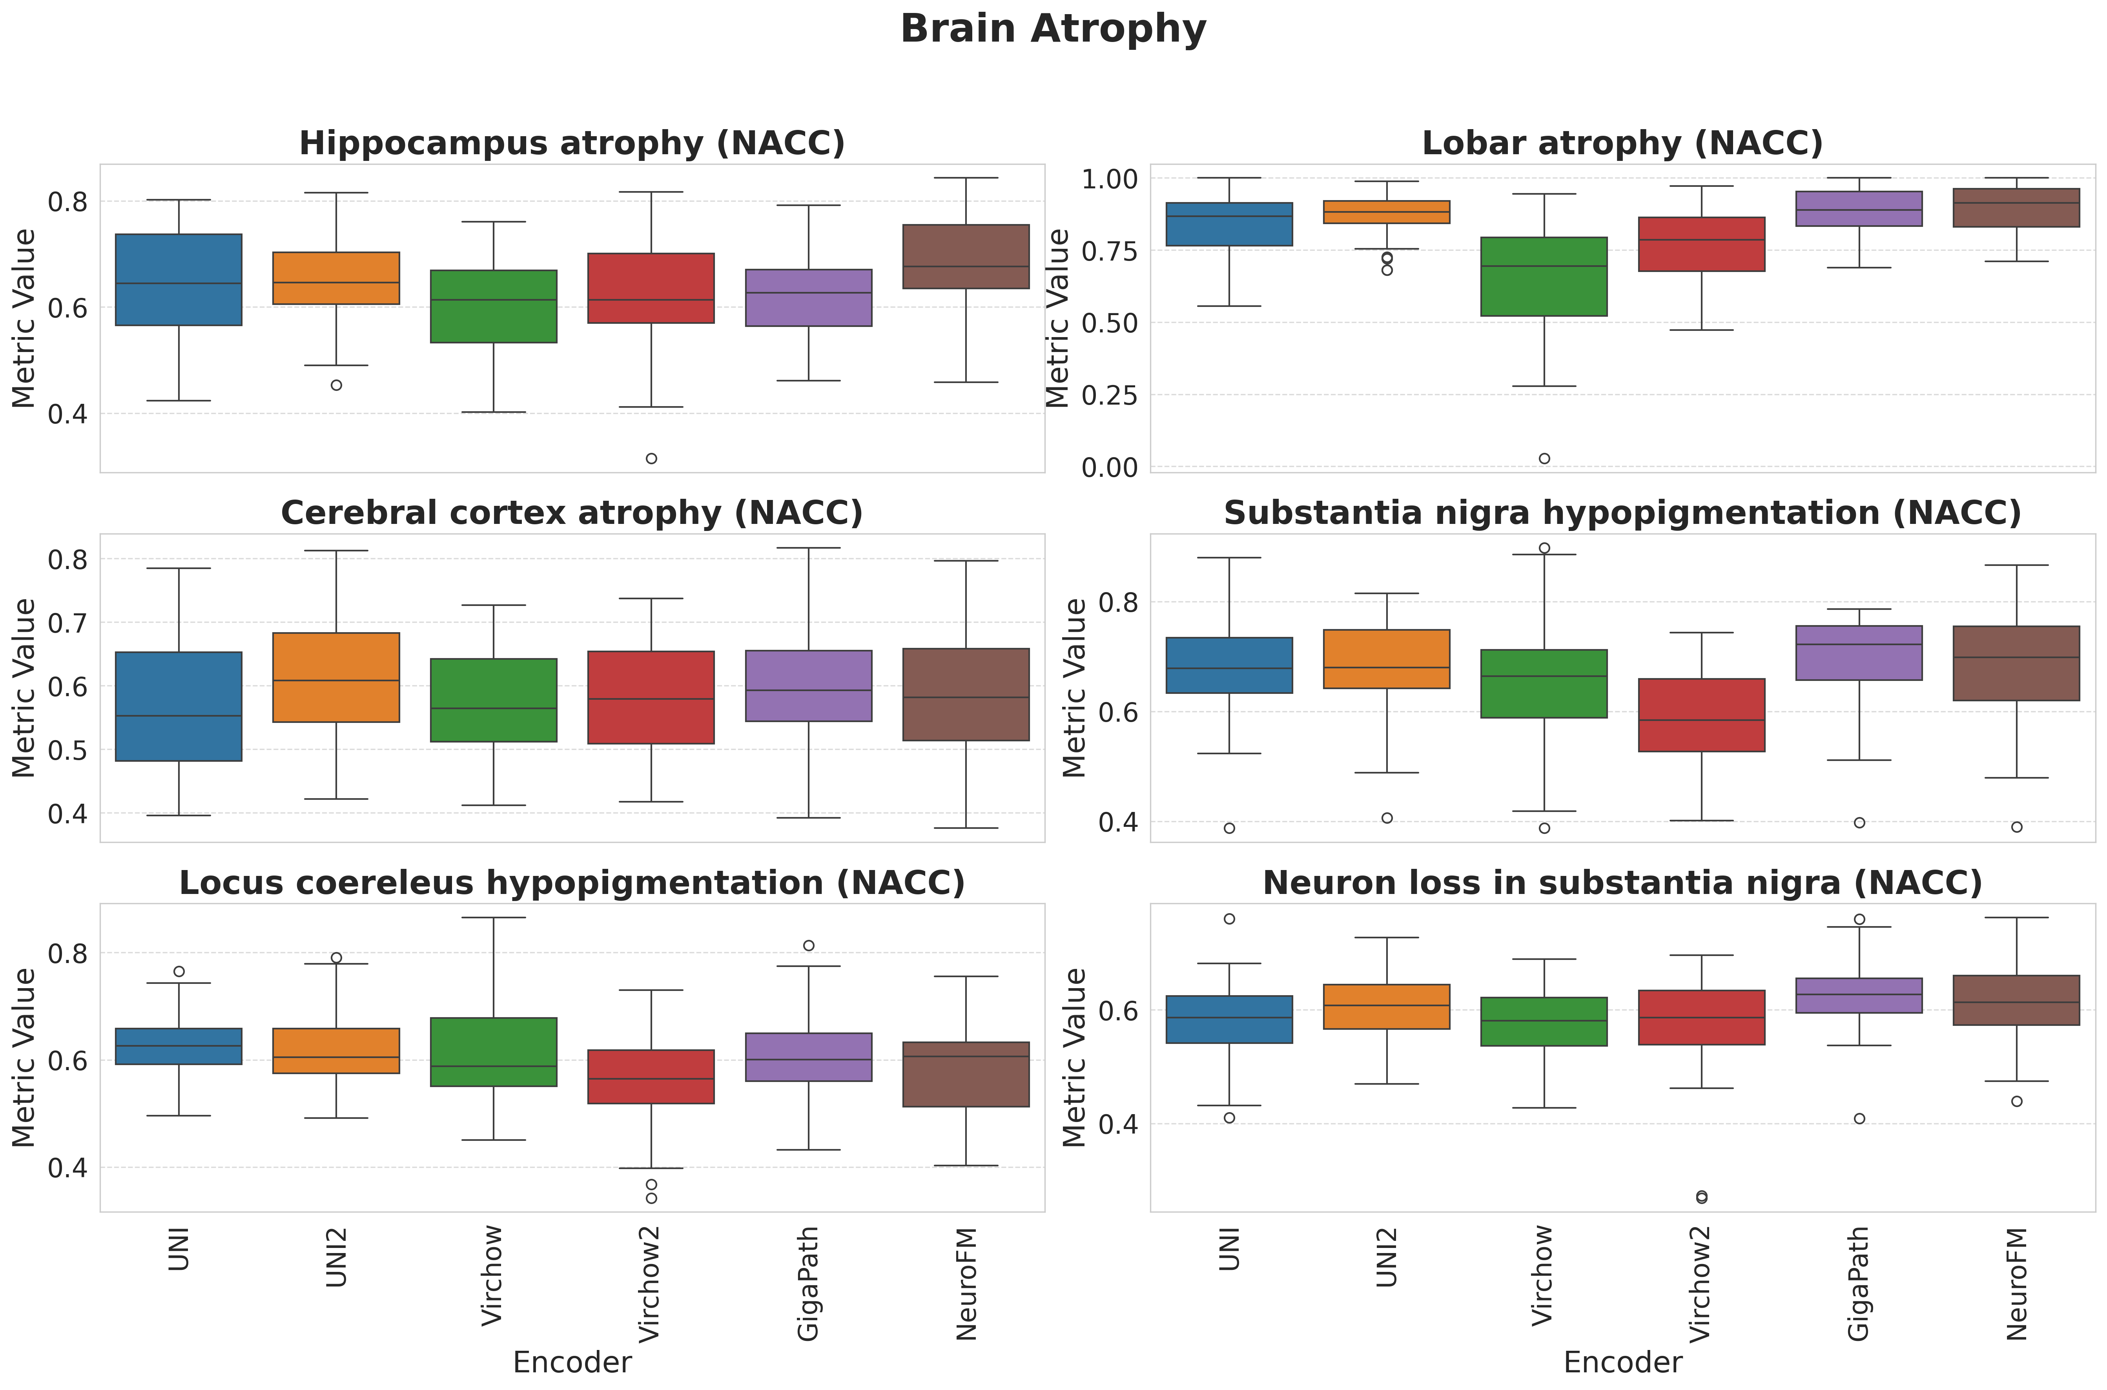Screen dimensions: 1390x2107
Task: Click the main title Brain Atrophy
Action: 1053,29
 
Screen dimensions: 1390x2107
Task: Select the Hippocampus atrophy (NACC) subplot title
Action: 572,144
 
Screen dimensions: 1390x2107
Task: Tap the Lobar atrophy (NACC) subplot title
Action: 1622,144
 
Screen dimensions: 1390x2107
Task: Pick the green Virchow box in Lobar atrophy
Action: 1544,277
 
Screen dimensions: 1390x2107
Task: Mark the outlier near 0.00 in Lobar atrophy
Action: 1544,458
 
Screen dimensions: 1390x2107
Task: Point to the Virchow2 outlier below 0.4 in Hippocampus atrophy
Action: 651,458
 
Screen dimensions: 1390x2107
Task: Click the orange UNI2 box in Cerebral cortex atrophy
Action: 336,677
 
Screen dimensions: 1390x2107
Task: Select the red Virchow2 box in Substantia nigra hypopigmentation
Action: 1701,715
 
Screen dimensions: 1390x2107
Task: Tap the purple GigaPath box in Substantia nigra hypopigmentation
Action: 1859,653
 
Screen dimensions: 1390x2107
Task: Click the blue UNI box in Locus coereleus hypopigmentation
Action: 179,1046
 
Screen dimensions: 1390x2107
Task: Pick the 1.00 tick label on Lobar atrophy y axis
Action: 1109,179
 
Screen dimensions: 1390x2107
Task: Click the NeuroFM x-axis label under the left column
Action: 966,1284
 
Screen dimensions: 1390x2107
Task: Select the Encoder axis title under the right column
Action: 1622,1363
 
